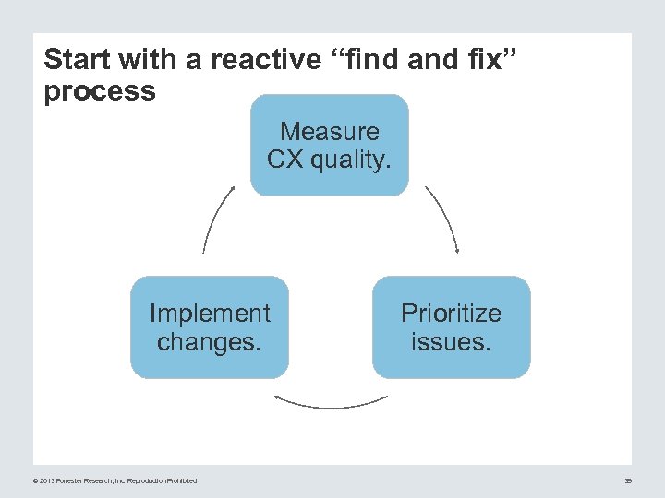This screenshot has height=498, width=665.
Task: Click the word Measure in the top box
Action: point(330,132)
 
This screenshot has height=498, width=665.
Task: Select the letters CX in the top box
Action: point(285,160)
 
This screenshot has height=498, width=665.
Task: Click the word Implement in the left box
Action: point(210,314)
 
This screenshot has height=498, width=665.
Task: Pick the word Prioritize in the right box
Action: point(451,314)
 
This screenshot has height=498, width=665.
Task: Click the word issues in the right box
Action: point(451,342)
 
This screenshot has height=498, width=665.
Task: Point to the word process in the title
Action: point(100,91)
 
